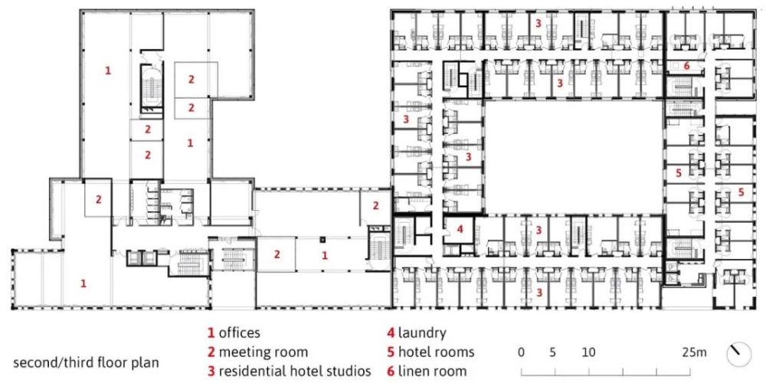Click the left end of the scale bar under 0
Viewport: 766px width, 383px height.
pos(521,375)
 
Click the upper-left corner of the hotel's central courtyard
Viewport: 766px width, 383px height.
pos(485,100)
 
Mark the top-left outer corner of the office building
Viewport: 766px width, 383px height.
pos(80,10)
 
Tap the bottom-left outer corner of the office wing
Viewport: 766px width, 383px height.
pos(11,309)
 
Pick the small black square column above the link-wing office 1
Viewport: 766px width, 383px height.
pos(322,239)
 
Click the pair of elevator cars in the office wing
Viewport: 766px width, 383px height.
pos(141,257)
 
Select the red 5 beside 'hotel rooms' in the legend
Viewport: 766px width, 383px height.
pos(391,352)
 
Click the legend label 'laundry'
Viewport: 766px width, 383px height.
pos(422,334)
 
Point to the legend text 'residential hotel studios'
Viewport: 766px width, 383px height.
pos(295,371)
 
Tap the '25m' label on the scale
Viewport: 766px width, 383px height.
pos(695,352)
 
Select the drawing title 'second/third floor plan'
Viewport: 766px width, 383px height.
pos(86,363)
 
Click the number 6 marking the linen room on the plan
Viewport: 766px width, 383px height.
pos(686,66)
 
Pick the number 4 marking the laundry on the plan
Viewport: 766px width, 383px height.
pos(460,228)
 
